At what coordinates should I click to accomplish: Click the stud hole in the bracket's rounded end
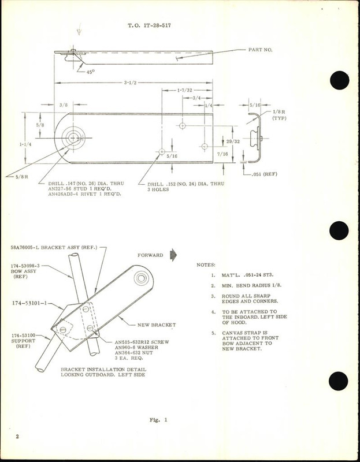(x=73, y=137)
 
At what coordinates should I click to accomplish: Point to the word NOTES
(x=207, y=264)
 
